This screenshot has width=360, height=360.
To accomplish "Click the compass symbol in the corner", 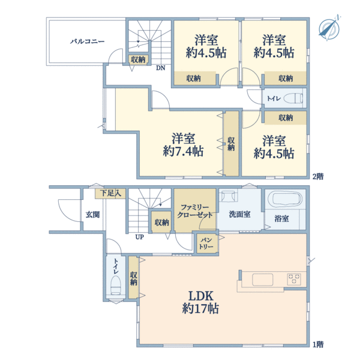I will [x=328, y=28].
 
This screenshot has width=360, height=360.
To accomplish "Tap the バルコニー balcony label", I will [x=88, y=41].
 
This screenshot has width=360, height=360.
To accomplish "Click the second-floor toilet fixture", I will [x=293, y=98].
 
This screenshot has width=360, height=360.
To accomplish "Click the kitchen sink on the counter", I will [x=263, y=280].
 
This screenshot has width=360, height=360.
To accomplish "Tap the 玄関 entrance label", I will [x=92, y=214].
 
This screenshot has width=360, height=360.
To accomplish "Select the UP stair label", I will [x=139, y=236].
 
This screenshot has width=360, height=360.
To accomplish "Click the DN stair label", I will [x=160, y=68].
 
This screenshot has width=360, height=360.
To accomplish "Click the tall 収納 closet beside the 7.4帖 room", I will [x=231, y=144].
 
